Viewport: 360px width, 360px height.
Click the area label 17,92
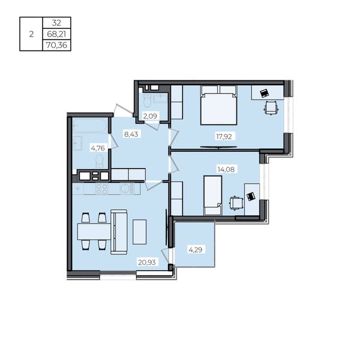[224, 137]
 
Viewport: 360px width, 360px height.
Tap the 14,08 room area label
[226, 169]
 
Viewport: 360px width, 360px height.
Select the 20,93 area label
[147, 262]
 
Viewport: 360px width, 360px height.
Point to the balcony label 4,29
[196, 250]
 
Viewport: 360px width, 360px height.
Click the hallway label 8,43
[131, 134]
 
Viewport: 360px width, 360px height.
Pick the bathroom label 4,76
[98, 148]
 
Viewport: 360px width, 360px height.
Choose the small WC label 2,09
[150, 116]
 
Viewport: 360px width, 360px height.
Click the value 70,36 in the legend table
[57, 45]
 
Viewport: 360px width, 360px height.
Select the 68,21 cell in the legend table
[56, 34]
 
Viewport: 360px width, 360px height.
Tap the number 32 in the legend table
[56, 23]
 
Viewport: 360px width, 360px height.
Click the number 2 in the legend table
[31, 34]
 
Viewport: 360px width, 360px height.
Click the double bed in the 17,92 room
[219, 105]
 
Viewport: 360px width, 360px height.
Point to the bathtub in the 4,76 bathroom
[89, 125]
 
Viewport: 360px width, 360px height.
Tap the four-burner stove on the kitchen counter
[102, 189]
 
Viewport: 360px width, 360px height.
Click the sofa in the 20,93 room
[119, 232]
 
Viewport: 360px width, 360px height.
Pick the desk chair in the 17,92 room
[271, 107]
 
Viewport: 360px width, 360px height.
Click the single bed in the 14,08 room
[213, 196]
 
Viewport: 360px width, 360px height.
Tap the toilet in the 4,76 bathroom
[100, 161]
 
